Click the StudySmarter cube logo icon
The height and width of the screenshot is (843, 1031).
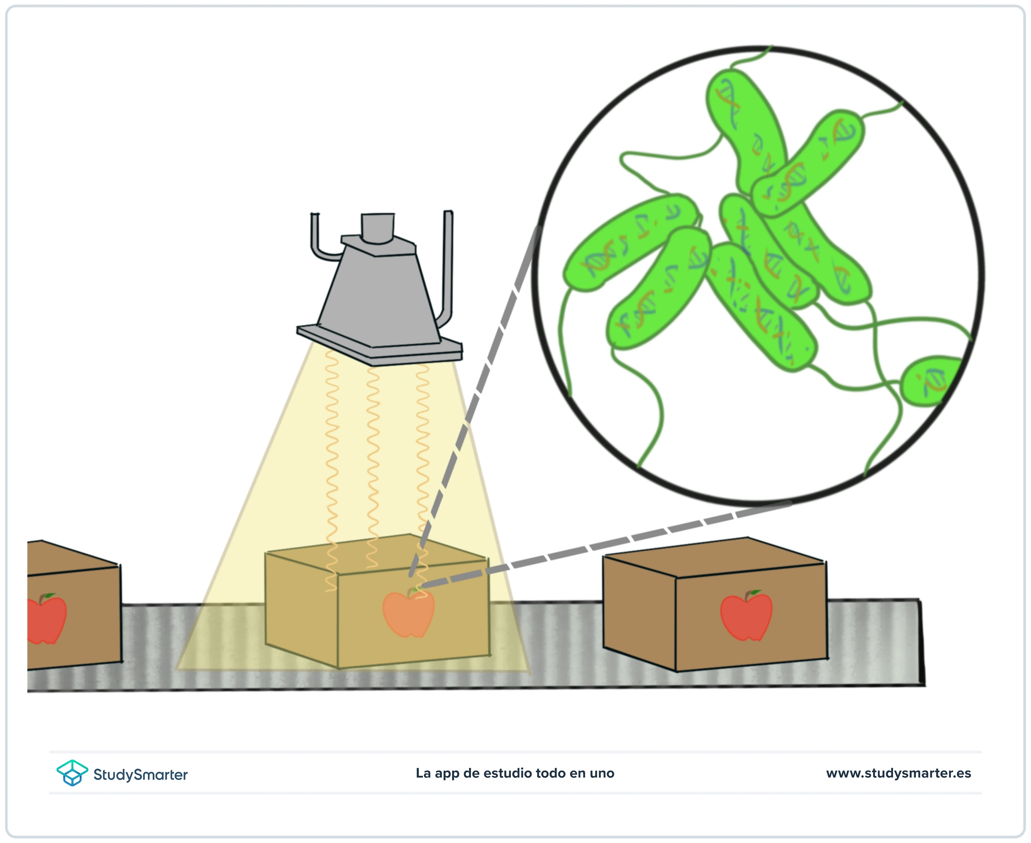(72, 773)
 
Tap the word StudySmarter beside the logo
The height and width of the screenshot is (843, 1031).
(141, 774)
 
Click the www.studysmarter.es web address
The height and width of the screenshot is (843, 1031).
(898, 773)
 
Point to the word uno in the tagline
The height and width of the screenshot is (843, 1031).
(602, 774)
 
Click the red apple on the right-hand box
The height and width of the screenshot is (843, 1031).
(746, 616)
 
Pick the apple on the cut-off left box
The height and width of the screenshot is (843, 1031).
(46, 619)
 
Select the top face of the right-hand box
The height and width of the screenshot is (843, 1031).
(714, 557)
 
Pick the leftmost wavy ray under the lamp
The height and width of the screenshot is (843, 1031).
(331, 471)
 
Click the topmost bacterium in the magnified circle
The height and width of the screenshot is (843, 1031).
(746, 131)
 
